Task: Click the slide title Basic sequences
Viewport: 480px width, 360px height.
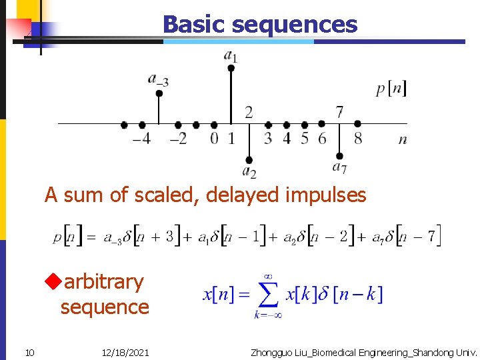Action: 260,25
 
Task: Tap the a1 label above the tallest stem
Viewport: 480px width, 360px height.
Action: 231,55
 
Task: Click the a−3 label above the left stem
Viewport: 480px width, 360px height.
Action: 158,80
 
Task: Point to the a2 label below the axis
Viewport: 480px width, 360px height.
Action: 249,172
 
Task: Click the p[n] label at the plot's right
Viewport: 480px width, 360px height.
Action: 391,88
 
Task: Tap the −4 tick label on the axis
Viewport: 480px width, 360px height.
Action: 141,139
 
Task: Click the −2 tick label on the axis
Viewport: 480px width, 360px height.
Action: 178,139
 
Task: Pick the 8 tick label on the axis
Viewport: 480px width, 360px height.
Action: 358,139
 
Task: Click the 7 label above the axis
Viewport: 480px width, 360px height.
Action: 339,111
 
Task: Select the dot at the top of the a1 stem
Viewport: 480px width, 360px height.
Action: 231,67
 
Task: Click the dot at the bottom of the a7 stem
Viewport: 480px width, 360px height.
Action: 339,156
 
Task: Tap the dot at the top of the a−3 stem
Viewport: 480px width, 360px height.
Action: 159,93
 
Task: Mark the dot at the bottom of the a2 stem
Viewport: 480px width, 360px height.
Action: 249,160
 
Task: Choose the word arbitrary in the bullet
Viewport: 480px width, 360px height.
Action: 103,282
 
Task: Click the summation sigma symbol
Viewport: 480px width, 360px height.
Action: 267,293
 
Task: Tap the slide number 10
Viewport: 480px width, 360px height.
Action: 30,352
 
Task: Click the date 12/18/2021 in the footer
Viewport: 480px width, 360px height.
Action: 127,352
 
